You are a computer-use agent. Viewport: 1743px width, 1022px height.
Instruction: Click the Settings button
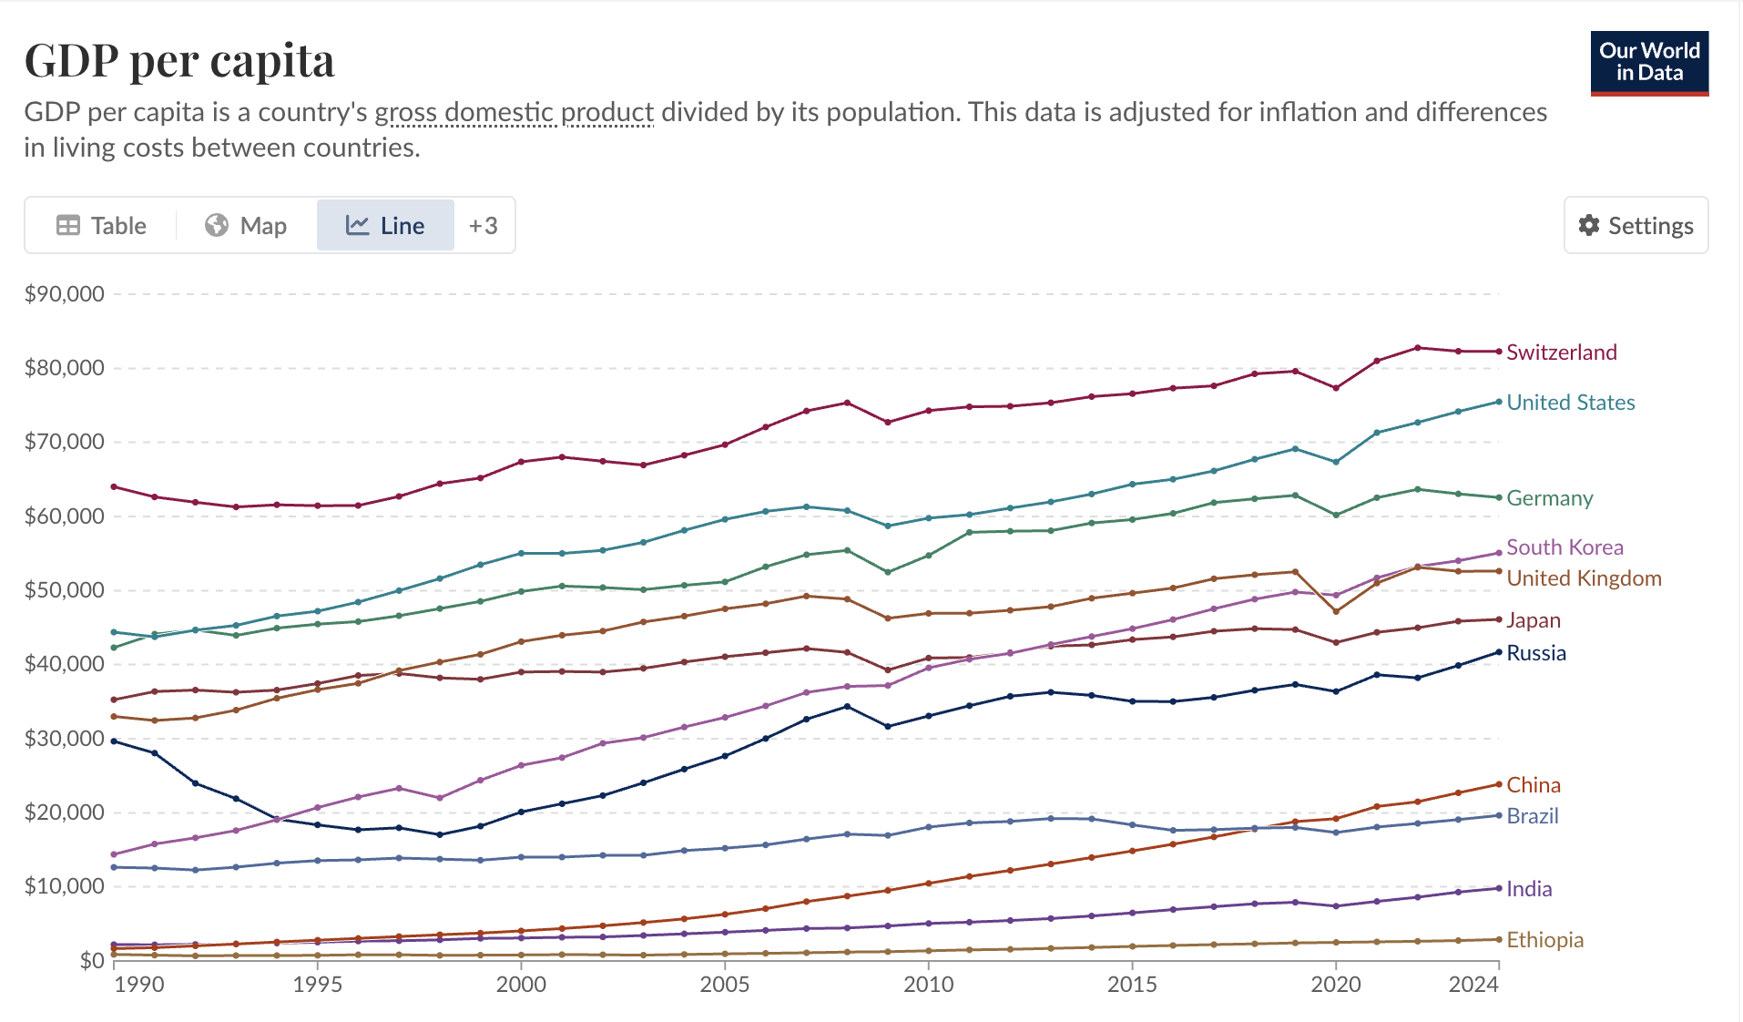[x=1636, y=226]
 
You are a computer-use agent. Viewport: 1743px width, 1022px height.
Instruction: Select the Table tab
[x=101, y=226]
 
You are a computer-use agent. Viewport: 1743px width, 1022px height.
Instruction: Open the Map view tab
[x=246, y=226]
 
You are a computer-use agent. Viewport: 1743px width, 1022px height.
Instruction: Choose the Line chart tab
[x=385, y=226]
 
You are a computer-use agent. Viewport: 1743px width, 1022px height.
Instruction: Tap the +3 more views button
[x=483, y=226]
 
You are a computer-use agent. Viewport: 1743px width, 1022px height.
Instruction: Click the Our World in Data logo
[x=1649, y=63]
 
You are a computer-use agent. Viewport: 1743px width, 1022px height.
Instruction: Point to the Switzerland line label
[x=1561, y=353]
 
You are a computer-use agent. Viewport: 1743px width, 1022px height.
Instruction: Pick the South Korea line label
[x=1565, y=547]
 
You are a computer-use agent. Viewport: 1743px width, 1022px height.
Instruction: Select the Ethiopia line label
[x=1544, y=940]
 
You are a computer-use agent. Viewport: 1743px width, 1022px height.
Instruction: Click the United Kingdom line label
[x=1584, y=578]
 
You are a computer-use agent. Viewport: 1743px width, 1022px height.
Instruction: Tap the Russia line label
[x=1536, y=653]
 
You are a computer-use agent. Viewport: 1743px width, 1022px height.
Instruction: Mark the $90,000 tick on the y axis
[x=65, y=294]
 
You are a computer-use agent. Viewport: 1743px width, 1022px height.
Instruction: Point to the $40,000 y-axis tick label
[x=65, y=664]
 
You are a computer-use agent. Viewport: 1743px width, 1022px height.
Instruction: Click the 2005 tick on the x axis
[x=725, y=985]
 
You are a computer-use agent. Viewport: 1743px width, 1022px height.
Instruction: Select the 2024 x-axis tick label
[x=1473, y=985]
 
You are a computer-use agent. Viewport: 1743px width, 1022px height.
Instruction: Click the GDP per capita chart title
[x=179, y=61]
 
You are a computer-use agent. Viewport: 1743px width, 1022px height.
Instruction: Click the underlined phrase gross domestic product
[x=515, y=112]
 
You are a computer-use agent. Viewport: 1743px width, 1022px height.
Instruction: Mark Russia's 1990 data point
[x=114, y=741]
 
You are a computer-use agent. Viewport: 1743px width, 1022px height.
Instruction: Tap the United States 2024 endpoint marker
[x=1499, y=402]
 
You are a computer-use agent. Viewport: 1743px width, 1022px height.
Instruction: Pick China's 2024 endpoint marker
[x=1499, y=784]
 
